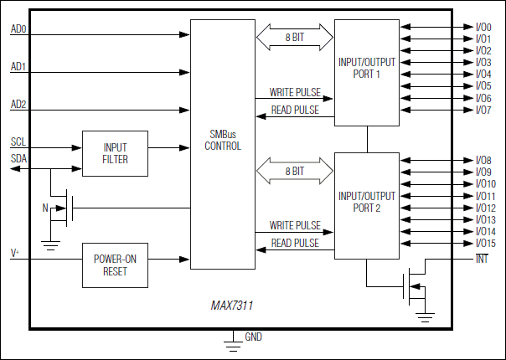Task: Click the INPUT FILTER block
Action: click(x=115, y=153)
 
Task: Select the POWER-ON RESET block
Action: click(x=115, y=265)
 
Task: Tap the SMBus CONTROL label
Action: click(x=222, y=140)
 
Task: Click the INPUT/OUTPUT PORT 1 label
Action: click(x=366, y=68)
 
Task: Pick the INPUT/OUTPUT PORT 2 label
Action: click(x=366, y=202)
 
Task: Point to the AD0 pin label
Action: click(x=18, y=29)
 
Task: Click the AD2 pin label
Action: click(x=18, y=104)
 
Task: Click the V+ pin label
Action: click(x=15, y=252)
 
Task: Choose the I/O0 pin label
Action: click(x=483, y=28)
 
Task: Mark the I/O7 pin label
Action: click(x=483, y=110)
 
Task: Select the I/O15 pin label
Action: click(x=486, y=243)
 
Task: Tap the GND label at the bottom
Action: click(x=254, y=337)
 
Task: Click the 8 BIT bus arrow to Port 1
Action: click(x=294, y=37)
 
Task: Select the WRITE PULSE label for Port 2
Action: click(x=294, y=225)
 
